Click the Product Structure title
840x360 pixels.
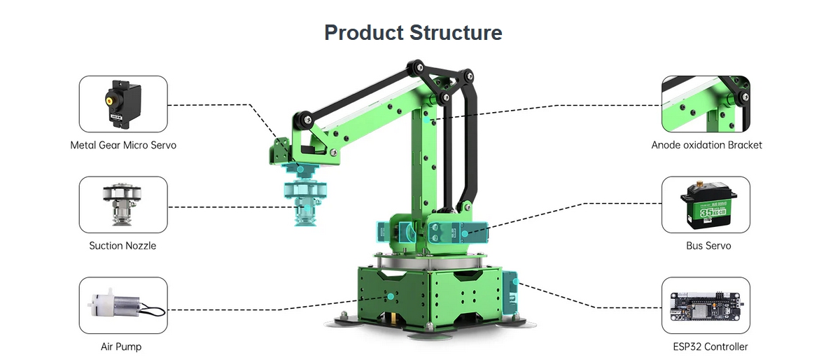(x=413, y=33)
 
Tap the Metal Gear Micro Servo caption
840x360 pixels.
(x=123, y=145)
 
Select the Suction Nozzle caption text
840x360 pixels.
(x=122, y=246)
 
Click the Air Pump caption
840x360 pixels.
(x=121, y=347)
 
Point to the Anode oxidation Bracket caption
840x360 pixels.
(x=706, y=145)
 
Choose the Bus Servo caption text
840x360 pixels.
(x=708, y=246)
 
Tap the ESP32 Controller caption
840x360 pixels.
(x=710, y=347)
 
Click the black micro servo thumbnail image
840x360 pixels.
(x=123, y=104)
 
